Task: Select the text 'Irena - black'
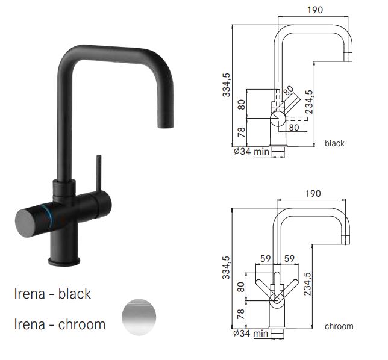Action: (52, 294)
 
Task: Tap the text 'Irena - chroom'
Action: (60, 324)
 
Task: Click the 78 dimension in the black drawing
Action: (241, 131)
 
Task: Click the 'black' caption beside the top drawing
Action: (334, 143)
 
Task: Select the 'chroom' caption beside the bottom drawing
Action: (339, 326)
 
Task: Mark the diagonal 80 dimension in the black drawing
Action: (290, 90)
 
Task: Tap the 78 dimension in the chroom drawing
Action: (241, 314)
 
